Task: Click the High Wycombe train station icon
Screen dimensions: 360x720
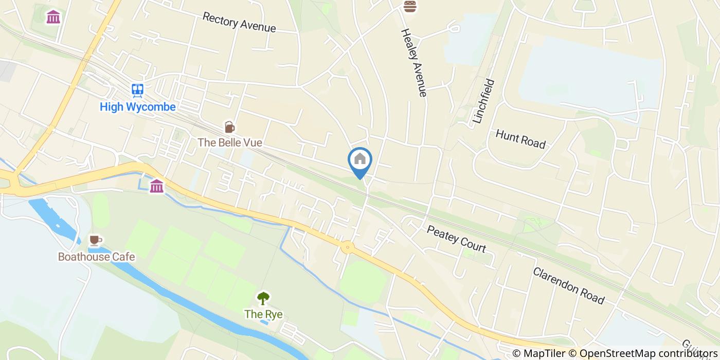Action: (x=137, y=91)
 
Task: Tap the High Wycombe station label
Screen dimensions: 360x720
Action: (x=138, y=107)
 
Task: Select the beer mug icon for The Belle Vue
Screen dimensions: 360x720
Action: (x=229, y=127)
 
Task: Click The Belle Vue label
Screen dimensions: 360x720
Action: (x=230, y=142)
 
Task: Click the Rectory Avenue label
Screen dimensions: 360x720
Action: (x=239, y=22)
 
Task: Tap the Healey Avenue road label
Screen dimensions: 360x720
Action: (x=413, y=62)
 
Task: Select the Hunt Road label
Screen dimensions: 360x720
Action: (x=520, y=139)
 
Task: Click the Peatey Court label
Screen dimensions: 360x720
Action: (x=456, y=238)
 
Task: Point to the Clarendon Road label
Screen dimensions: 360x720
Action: (x=568, y=285)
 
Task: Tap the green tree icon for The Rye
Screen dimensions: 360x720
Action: (x=263, y=298)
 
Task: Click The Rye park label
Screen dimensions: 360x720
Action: (x=263, y=314)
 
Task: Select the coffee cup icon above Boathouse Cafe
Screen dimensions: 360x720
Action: (x=95, y=240)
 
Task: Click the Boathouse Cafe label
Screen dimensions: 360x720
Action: (x=96, y=257)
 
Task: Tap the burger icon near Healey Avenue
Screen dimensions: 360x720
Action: (x=410, y=6)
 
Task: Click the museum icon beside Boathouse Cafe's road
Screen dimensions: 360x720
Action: (x=157, y=186)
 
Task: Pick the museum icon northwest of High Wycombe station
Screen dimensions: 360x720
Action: (x=53, y=17)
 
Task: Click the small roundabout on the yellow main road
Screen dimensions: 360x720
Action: (x=348, y=248)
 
